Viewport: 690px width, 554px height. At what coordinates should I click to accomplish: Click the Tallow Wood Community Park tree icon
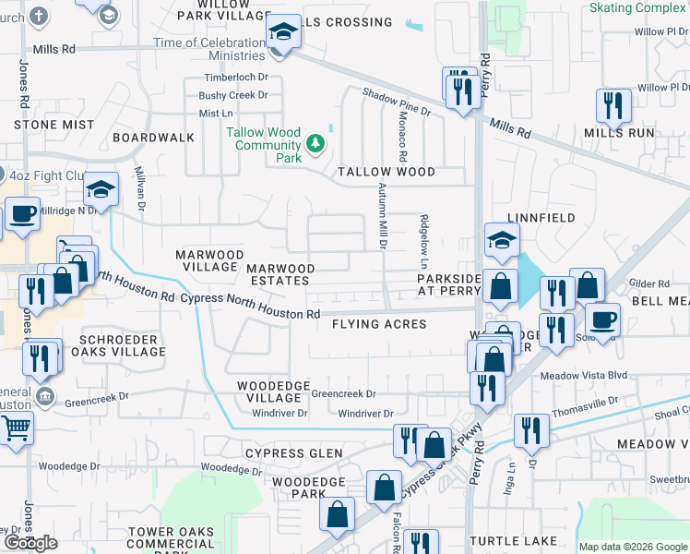[315, 144]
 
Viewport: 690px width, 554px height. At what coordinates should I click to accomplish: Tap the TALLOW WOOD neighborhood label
[386, 172]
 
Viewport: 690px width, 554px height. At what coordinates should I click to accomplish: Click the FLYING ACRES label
[379, 324]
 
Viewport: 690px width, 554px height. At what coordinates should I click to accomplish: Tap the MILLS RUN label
[619, 133]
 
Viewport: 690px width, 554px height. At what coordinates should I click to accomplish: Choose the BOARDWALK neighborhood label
[153, 138]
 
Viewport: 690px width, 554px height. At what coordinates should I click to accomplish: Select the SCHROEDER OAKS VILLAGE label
[123, 344]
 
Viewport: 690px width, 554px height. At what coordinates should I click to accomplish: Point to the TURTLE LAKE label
[513, 540]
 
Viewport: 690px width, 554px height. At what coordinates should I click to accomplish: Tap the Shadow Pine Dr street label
[397, 102]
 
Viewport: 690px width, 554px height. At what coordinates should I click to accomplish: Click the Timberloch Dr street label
[236, 78]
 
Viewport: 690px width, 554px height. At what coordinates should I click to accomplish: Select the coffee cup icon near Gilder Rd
[602, 319]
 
